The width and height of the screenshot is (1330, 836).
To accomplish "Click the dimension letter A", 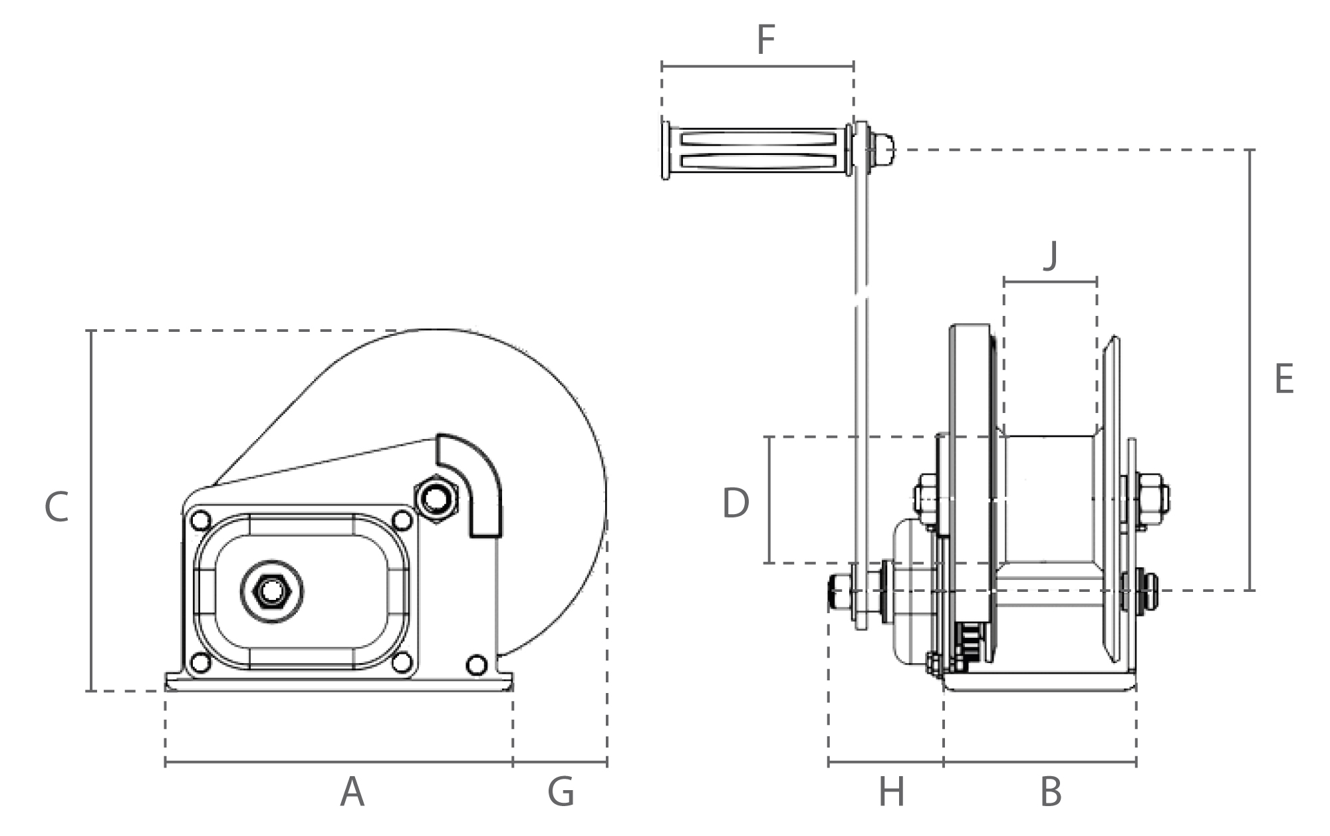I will pyautogui.click(x=352, y=792).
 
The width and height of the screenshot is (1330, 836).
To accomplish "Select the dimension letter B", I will pyautogui.click(x=1050, y=792).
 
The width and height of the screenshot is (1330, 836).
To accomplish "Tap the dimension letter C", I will pyautogui.click(x=57, y=507).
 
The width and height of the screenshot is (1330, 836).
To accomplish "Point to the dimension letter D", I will pyautogui.click(x=735, y=503).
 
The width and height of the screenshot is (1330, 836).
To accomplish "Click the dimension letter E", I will pyautogui.click(x=1284, y=379).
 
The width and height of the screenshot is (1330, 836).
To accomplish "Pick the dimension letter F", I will pyautogui.click(x=765, y=40).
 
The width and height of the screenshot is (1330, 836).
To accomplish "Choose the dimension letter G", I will pyautogui.click(x=561, y=792).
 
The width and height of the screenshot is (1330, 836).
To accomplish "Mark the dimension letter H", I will pyautogui.click(x=891, y=792).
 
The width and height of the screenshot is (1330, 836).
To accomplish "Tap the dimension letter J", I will pyautogui.click(x=1050, y=256).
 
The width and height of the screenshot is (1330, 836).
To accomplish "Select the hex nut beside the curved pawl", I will pyautogui.click(x=436, y=497).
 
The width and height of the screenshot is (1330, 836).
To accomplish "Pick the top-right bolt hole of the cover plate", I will pyautogui.click(x=402, y=519).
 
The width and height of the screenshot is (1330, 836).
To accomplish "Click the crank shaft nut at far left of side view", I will pyautogui.click(x=837, y=590).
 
